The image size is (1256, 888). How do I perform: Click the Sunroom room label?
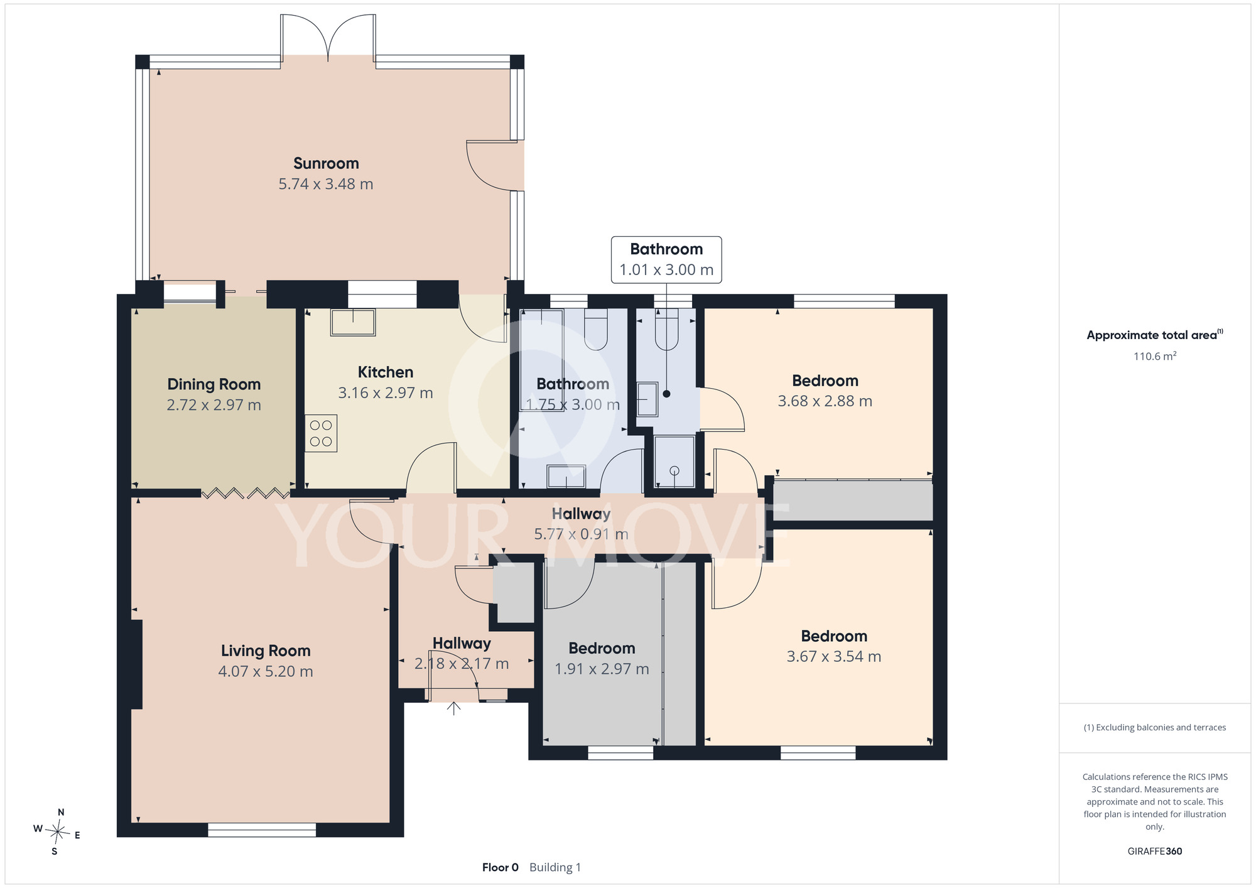[x=326, y=163]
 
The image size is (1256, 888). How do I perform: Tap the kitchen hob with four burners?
[x=321, y=433]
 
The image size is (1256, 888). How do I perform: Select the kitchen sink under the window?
[x=353, y=322]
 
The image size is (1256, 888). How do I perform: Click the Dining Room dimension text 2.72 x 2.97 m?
[x=214, y=405]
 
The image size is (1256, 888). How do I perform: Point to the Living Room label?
[x=266, y=651]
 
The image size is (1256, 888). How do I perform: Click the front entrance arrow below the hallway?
[x=453, y=708]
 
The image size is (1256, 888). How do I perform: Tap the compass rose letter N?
[x=61, y=812]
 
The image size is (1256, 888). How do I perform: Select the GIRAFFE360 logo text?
[x=1155, y=852]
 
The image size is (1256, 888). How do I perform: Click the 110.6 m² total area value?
[x=1155, y=356]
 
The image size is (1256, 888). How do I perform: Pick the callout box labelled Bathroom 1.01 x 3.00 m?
[x=666, y=260]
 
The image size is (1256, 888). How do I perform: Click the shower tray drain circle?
[x=674, y=470]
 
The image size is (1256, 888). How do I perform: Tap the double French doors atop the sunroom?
[x=328, y=38]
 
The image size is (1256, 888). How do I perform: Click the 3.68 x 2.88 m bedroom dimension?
[x=825, y=401]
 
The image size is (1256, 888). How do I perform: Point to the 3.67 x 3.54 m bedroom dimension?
[x=833, y=657]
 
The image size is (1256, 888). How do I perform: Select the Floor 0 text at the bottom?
[x=501, y=867]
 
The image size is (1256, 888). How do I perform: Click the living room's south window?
[x=262, y=830]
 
